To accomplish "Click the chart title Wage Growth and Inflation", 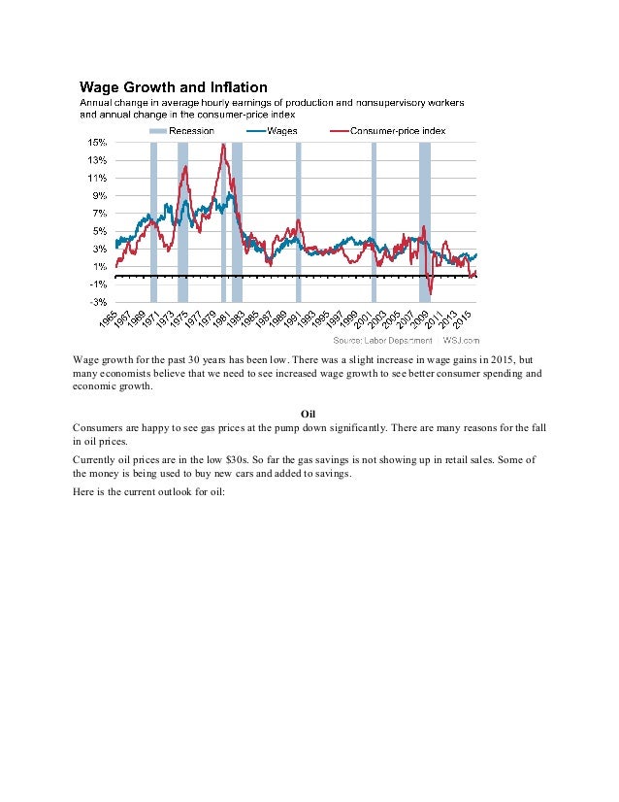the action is [x=174, y=87].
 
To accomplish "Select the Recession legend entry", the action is [x=181, y=131].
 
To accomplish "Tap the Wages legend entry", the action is [x=272, y=131].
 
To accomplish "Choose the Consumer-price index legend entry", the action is [x=388, y=131].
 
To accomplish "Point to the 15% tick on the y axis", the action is [x=97, y=142].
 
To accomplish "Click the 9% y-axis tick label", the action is [x=99, y=195].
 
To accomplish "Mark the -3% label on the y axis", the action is [x=98, y=302].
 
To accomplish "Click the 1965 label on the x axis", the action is [x=109, y=319].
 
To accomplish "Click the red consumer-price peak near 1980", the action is [x=223, y=145].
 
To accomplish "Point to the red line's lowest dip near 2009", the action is [x=431, y=293].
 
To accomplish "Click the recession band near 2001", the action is [x=375, y=222].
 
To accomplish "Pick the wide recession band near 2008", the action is [x=425, y=222].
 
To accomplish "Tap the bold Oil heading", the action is [x=308, y=414].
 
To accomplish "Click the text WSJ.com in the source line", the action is [x=461, y=340].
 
